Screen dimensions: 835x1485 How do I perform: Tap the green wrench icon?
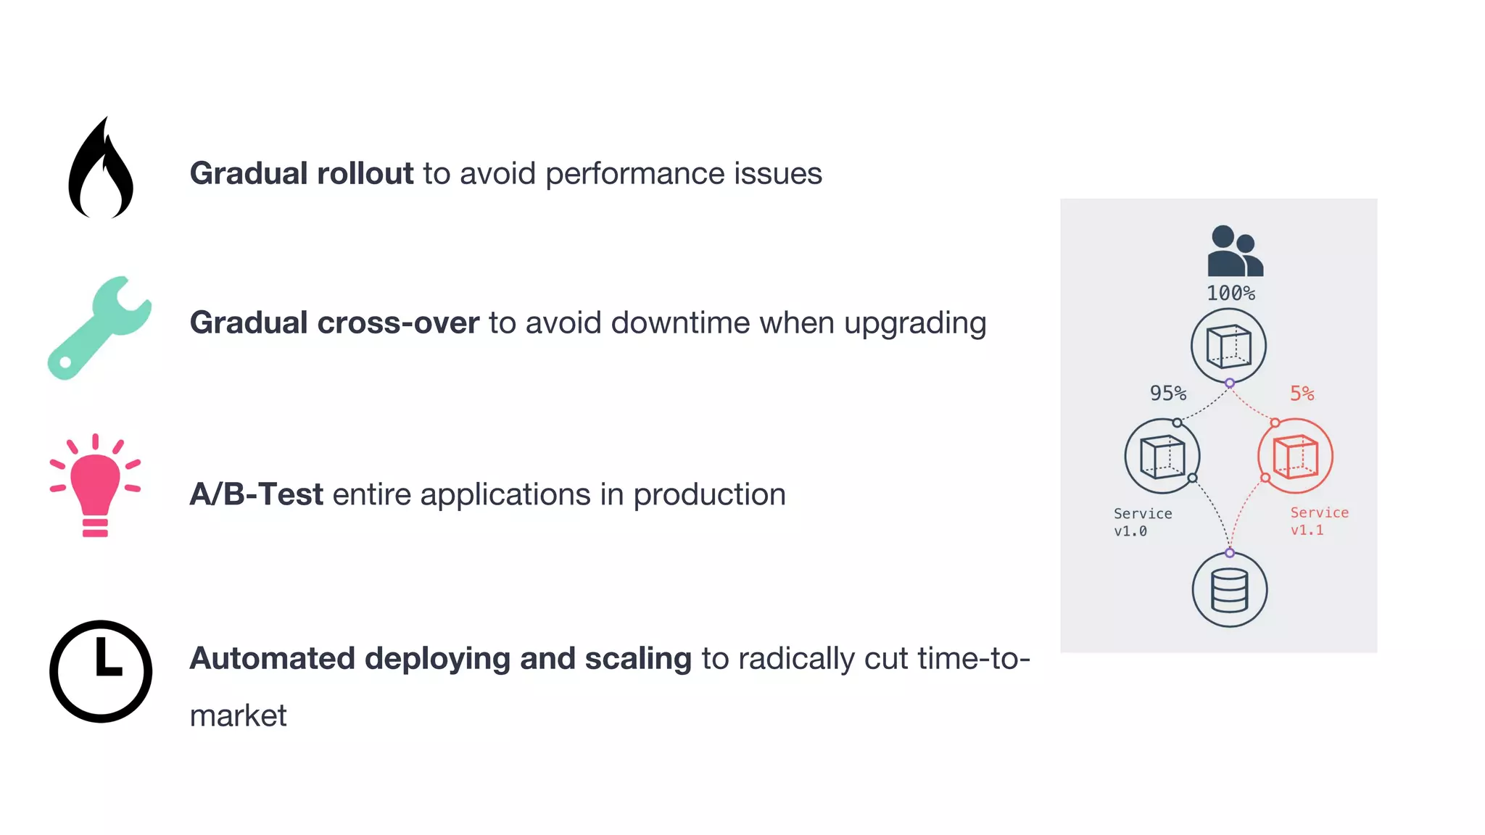point(99,328)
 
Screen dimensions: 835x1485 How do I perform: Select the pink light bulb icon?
point(95,486)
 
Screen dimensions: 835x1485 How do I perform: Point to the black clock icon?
point(101,671)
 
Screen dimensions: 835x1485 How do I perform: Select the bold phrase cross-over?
point(398,323)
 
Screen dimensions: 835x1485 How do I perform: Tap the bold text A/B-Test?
point(256,494)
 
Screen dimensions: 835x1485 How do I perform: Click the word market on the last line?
point(238,716)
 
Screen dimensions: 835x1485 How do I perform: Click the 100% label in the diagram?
point(1230,294)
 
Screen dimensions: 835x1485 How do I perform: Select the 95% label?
point(1167,394)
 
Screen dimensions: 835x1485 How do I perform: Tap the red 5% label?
point(1302,394)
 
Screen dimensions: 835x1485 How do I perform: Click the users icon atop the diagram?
point(1234,252)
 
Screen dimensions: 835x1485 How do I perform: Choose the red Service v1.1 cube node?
point(1295,457)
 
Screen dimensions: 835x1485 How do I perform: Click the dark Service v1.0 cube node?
point(1162,457)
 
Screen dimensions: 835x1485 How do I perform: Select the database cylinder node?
point(1230,590)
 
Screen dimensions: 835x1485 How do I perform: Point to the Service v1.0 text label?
point(1142,522)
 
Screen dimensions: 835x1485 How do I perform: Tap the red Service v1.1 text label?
point(1319,521)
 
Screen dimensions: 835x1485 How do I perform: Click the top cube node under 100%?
point(1228,346)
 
